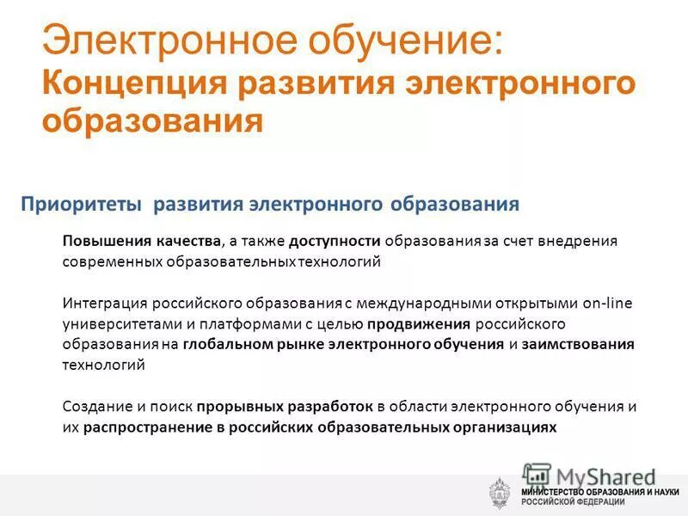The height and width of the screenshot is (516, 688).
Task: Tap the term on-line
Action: [x=606, y=304]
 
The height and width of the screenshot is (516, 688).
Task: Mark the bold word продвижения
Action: [x=419, y=324]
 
